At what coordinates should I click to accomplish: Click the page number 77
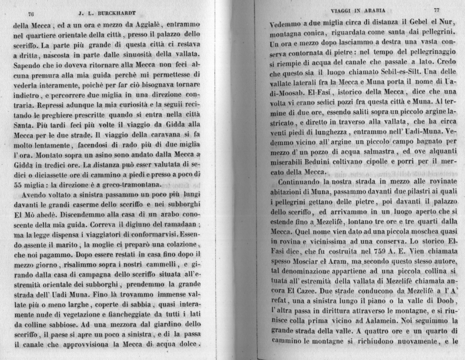tap(437, 10)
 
